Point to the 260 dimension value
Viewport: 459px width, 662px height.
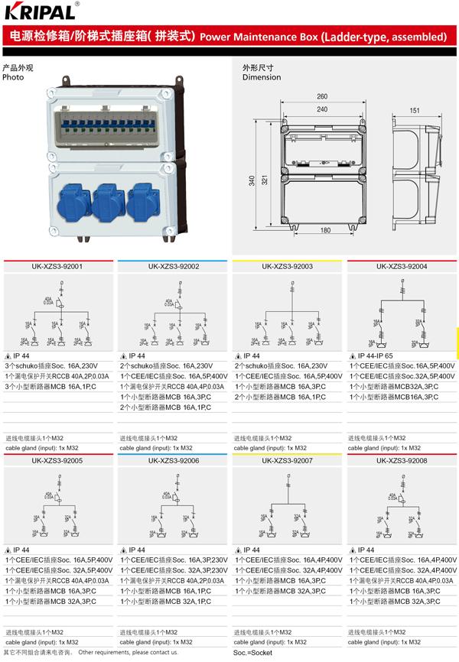322,96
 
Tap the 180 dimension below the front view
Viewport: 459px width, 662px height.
324,230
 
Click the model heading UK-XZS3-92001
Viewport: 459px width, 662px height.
57,267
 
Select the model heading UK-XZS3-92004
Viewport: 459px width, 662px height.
402,267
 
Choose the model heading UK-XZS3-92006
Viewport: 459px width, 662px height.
174,461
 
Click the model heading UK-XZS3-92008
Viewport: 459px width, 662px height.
402,461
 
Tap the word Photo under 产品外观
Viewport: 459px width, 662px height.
13,77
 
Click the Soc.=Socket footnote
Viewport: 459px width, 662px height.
252,654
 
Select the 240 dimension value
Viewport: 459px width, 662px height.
322,110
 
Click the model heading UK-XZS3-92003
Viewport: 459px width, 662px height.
287,267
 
